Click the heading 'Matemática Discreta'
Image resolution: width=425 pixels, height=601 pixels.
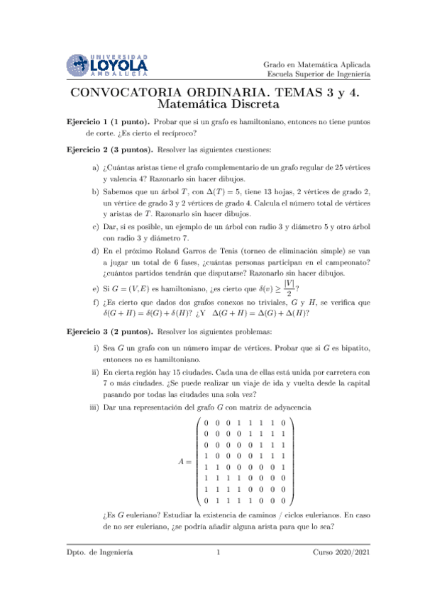(x=212, y=105)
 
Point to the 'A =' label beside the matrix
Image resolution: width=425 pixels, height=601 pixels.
(x=185, y=461)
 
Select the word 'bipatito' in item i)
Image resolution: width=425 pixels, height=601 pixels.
(x=351, y=350)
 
